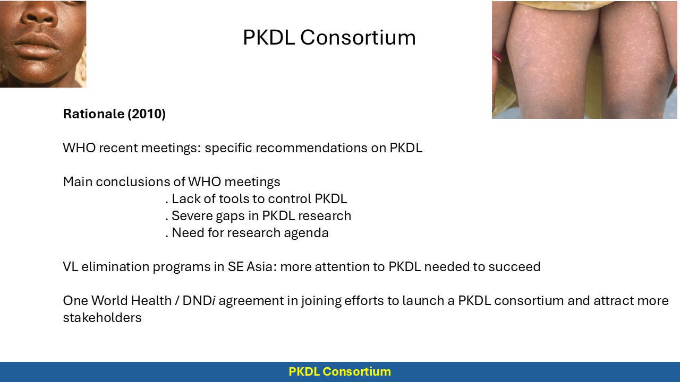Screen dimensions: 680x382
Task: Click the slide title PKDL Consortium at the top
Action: [329, 37]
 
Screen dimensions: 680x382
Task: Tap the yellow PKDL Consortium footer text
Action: [339, 371]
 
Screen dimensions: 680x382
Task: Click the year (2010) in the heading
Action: [147, 114]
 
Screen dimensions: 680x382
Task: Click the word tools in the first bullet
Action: [234, 199]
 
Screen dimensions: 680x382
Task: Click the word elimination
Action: [115, 267]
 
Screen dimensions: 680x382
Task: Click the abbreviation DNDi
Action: [199, 301]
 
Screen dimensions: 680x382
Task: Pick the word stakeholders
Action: [103, 318]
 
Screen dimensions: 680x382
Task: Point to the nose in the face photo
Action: [39, 15]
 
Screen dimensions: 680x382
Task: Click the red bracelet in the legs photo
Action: [497, 57]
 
